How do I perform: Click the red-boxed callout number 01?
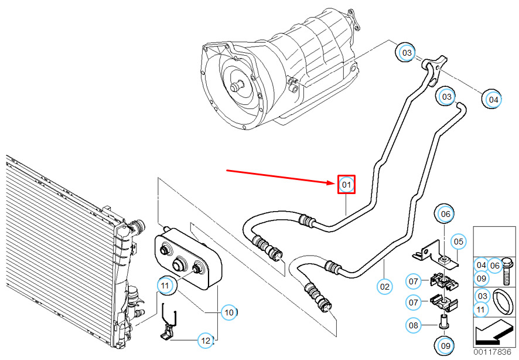(x=346, y=185)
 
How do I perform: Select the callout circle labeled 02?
(x=385, y=287)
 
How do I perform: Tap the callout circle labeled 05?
(x=459, y=242)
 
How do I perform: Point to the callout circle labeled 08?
(x=414, y=325)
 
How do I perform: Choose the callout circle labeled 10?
(x=229, y=313)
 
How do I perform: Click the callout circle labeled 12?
(x=206, y=340)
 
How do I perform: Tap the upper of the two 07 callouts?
(x=414, y=281)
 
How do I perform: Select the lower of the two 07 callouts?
(x=414, y=302)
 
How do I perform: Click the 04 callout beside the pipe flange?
(x=493, y=99)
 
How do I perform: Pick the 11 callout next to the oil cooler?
(x=165, y=285)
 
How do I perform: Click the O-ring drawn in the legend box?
(x=503, y=302)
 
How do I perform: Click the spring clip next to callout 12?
(x=169, y=321)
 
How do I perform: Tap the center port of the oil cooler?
(x=179, y=264)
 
